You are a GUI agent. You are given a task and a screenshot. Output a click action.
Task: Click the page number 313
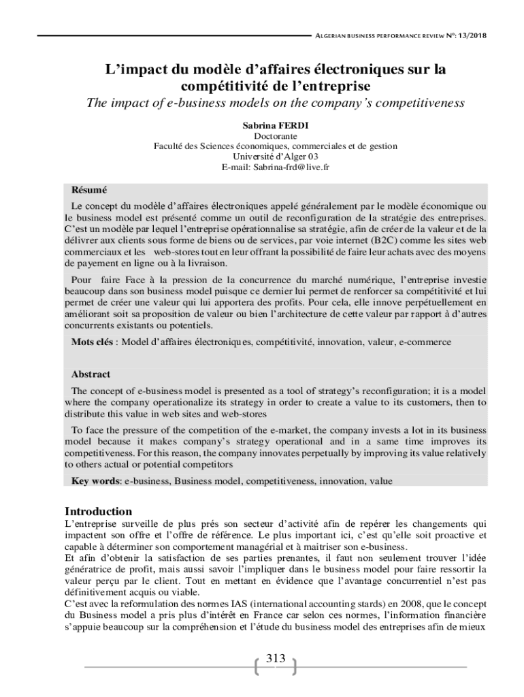pyautogui.click(x=275, y=658)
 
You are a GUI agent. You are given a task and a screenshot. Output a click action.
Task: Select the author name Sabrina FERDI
pyautogui.click(x=275, y=126)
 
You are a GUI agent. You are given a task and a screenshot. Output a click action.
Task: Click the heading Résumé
pyautogui.click(x=89, y=190)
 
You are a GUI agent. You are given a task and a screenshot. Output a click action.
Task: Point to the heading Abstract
pyautogui.click(x=91, y=374)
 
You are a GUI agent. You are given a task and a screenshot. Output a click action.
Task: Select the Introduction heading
pyautogui.click(x=98, y=511)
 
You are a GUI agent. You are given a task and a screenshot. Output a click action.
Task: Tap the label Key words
pyautogui.click(x=95, y=481)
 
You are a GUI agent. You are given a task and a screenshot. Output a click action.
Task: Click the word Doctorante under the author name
pyautogui.click(x=275, y=136)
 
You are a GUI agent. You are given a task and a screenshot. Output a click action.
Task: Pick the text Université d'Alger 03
pyautogui.click(x=275, y=157)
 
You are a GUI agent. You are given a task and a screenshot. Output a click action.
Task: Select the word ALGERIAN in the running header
pyautogui.click(x=332, y=36)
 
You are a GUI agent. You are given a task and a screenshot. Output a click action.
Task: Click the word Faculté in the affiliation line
pyautogui.click(x=170, y=146)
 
